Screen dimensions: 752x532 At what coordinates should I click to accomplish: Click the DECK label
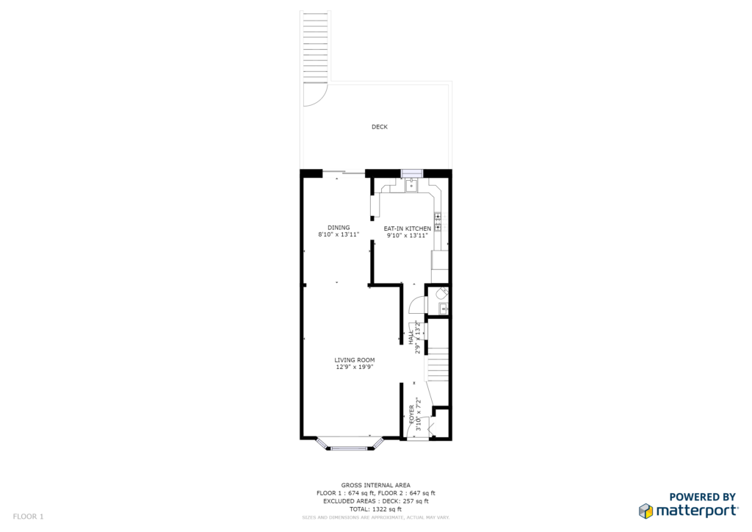pyautogui.click(x=380, y=126)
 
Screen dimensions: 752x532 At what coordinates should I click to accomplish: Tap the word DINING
pyautogui.click(x=339, y=227)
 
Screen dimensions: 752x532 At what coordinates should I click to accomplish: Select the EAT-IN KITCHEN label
pyautogui.click(x=407, y=229)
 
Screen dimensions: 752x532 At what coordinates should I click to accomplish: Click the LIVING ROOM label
pyautogui.click(x=355, y=360)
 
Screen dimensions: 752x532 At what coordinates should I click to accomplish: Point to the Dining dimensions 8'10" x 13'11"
pyautogui.click(x=339, y=234)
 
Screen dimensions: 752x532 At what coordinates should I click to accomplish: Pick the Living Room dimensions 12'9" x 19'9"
pyautogui.click(x=355, y=367)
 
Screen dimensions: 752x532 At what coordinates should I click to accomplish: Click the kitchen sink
pyautogui.click(x=411, y=184)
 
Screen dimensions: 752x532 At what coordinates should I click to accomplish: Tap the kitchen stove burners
pyautogui.click(x=438, y=222)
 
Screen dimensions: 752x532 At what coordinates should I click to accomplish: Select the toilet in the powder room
pyautogui.click(x=441, y=293)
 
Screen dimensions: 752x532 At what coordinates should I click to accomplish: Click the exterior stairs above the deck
pyautogui.click(x=316, y=46)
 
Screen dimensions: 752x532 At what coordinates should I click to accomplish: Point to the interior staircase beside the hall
pyautogui.click(x=438, y=364)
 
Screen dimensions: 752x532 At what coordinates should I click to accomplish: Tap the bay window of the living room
pyautogui.click(x=350, y=445)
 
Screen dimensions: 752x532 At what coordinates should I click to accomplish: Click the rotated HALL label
pyautogui.click(x=411, y=337)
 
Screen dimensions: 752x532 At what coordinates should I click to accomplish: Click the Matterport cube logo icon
pyautogui.click(x=646, y=511)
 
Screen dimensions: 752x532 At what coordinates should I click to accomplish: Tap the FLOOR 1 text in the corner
pyautogui.click(x=29, y=517)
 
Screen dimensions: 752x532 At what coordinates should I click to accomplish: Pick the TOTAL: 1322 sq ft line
pyautogui.click(x=375, y=509)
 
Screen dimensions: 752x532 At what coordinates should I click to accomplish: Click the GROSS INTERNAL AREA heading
pyautogui.click(x=375, y=485)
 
